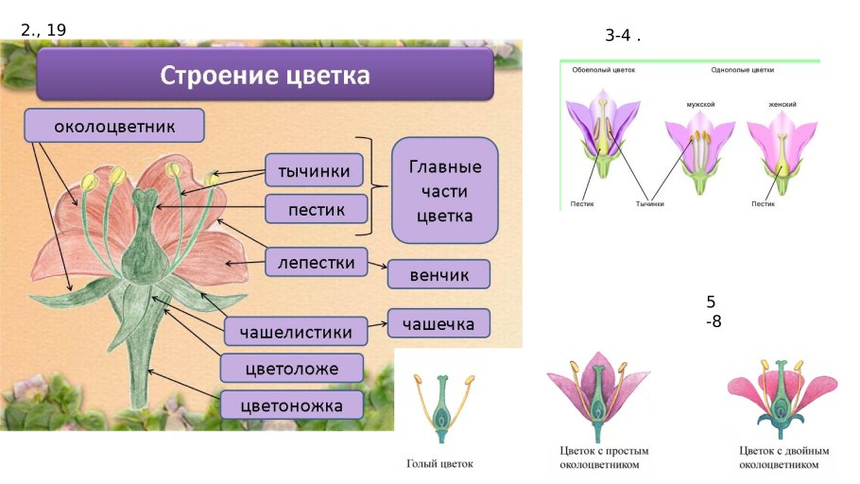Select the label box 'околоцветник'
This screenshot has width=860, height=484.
pos(114,126)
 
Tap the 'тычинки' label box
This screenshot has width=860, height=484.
pos(315,171)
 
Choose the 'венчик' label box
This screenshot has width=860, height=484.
pos(439,274)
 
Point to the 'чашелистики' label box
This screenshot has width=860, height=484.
pos(296,332)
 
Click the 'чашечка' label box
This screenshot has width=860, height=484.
pos(439,323)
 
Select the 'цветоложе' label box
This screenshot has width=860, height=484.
pos(292,369)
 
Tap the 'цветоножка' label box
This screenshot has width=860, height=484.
pos(291,406)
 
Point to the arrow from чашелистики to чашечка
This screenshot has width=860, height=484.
pos(377,326)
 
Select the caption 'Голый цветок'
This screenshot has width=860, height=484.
pos(439,464)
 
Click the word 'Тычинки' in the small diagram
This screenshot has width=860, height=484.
pos(650,203)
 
